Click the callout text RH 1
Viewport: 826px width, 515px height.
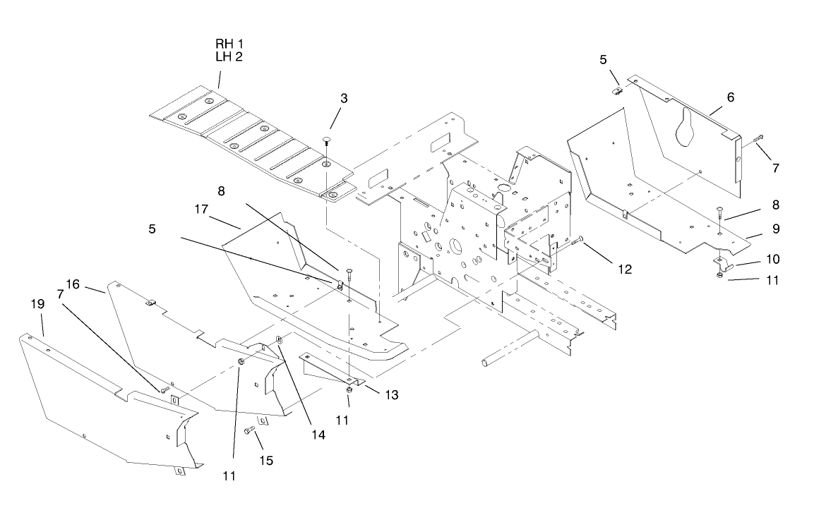(x=229, y=44)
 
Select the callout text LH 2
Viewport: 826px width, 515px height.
(x=229, y=56)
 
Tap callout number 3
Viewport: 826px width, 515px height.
(x=343, y=99)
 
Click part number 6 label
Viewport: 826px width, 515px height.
(x=731, y=97)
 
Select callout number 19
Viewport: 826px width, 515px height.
(x=37, y=304)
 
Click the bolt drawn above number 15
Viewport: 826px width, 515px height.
(x=250, y=430)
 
